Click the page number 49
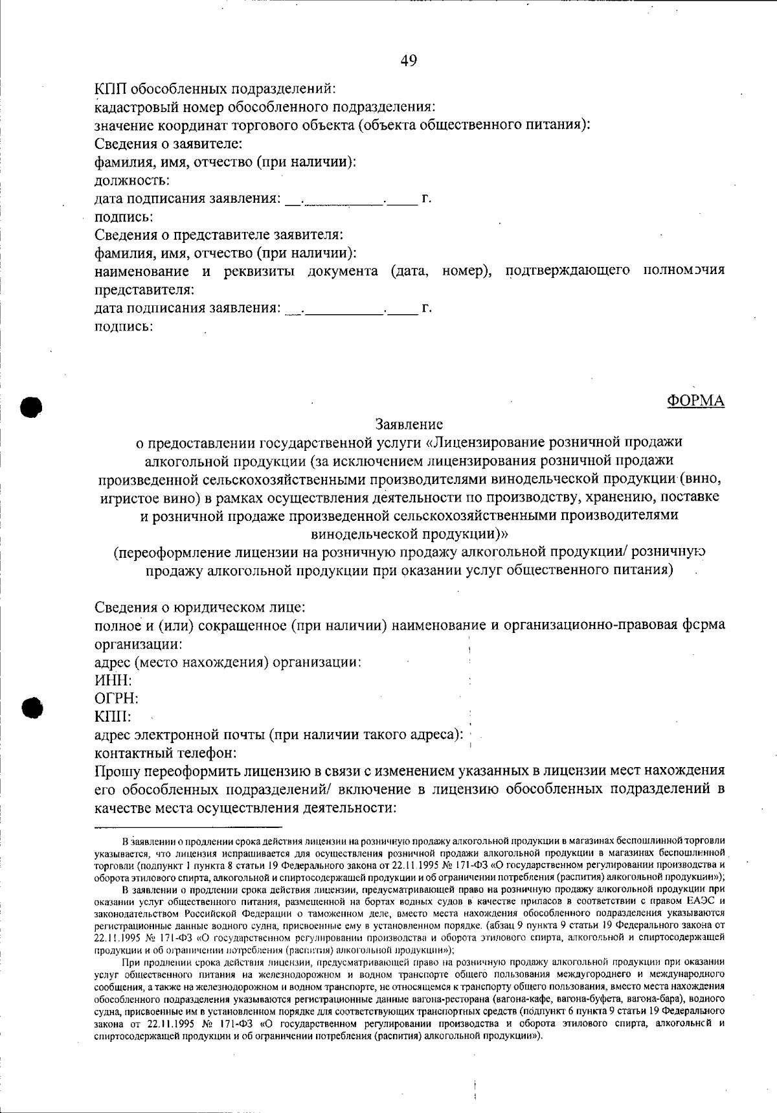pyautogui.click(x=409, y=61)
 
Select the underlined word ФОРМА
pyautogui.click(x=695, y=401)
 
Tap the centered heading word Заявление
pyautogui.click(x=409, y=425)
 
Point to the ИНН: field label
pyautogui.click(x=113, y=681)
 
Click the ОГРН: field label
pyautogui.click(x=117, y=699)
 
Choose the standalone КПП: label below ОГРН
pyautogui.click(x=113, y=717)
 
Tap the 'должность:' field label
pyautogui.click(x=132, y=180)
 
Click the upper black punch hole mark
pyautogui.click(x=30, y=406)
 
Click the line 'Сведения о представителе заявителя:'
pyautogui.click(x=219, y=235)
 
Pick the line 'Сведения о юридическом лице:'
pyautogui.click(x=200, y=608)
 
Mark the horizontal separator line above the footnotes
pyautogui.click(x=188, y=827)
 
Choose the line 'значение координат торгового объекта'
pyautogui.click(x=342, y=125)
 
